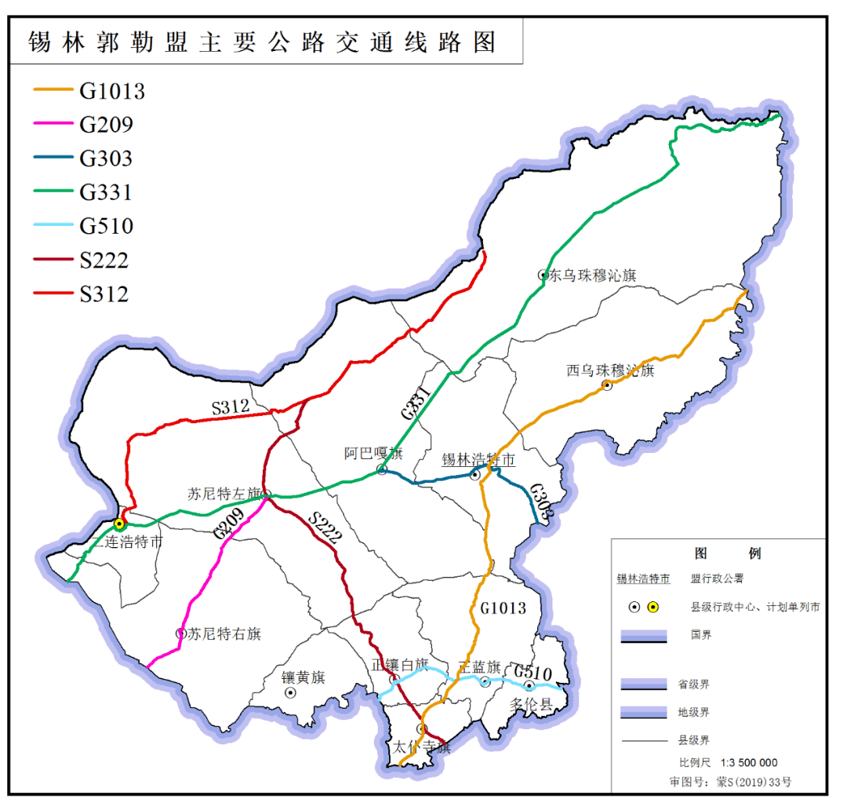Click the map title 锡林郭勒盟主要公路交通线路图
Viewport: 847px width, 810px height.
coord(263,42)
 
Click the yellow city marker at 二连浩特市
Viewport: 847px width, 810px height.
coord(119,524)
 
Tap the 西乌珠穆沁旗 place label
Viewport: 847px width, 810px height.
coord(610,370)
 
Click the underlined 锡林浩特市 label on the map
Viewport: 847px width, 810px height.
coord(478,459)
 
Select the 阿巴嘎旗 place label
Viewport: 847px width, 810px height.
coord(373,453)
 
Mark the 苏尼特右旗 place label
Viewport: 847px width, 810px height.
coord(224,633)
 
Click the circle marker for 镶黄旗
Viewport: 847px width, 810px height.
coord(290,693)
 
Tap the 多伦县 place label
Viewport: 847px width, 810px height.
coord(532,703)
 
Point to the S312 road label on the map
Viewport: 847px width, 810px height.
coord(231,407)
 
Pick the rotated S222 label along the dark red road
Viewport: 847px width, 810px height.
coord(325,528)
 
